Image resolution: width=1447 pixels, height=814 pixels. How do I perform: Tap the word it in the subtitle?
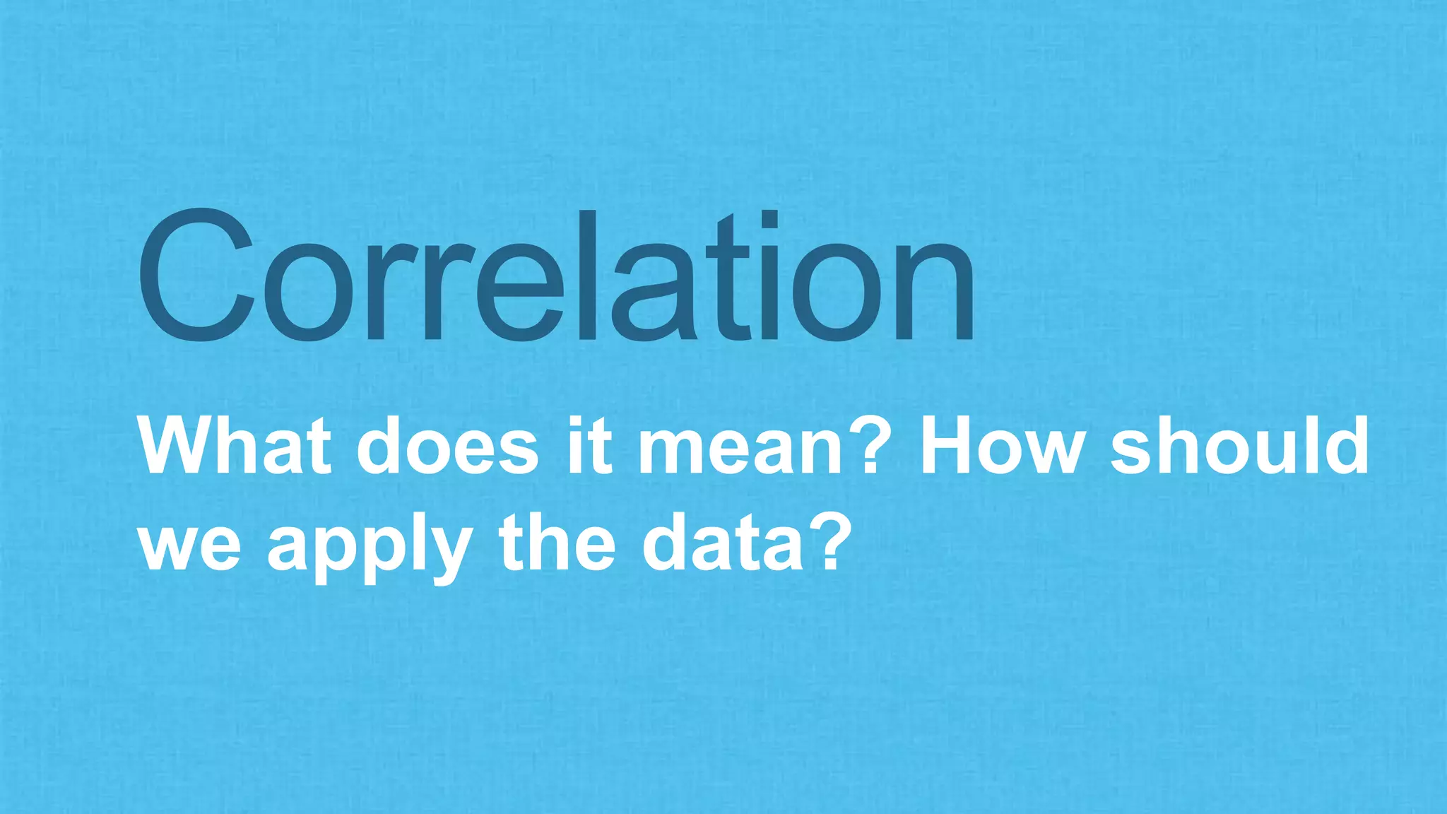(x=589, y=447)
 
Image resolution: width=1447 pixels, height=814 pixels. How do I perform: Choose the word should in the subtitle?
(x=1240, y=447)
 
